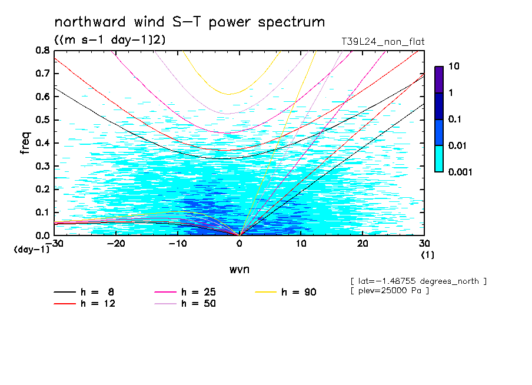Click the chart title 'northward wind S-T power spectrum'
click(189, 22)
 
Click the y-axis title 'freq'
click(25, 142)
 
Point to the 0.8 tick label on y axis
click(42, 51)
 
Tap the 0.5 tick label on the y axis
click(42, 120)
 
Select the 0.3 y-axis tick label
click(42, 166)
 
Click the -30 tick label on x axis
click(55, 244)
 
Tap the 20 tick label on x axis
click(363, 244)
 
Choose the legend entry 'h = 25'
click(198, 292)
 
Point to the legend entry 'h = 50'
click(198, 304)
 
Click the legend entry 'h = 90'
click(298, 292)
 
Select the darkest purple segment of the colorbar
click(439, 79)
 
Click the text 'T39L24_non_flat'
click(383, 42)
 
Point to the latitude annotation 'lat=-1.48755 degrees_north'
click(418, 281)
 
